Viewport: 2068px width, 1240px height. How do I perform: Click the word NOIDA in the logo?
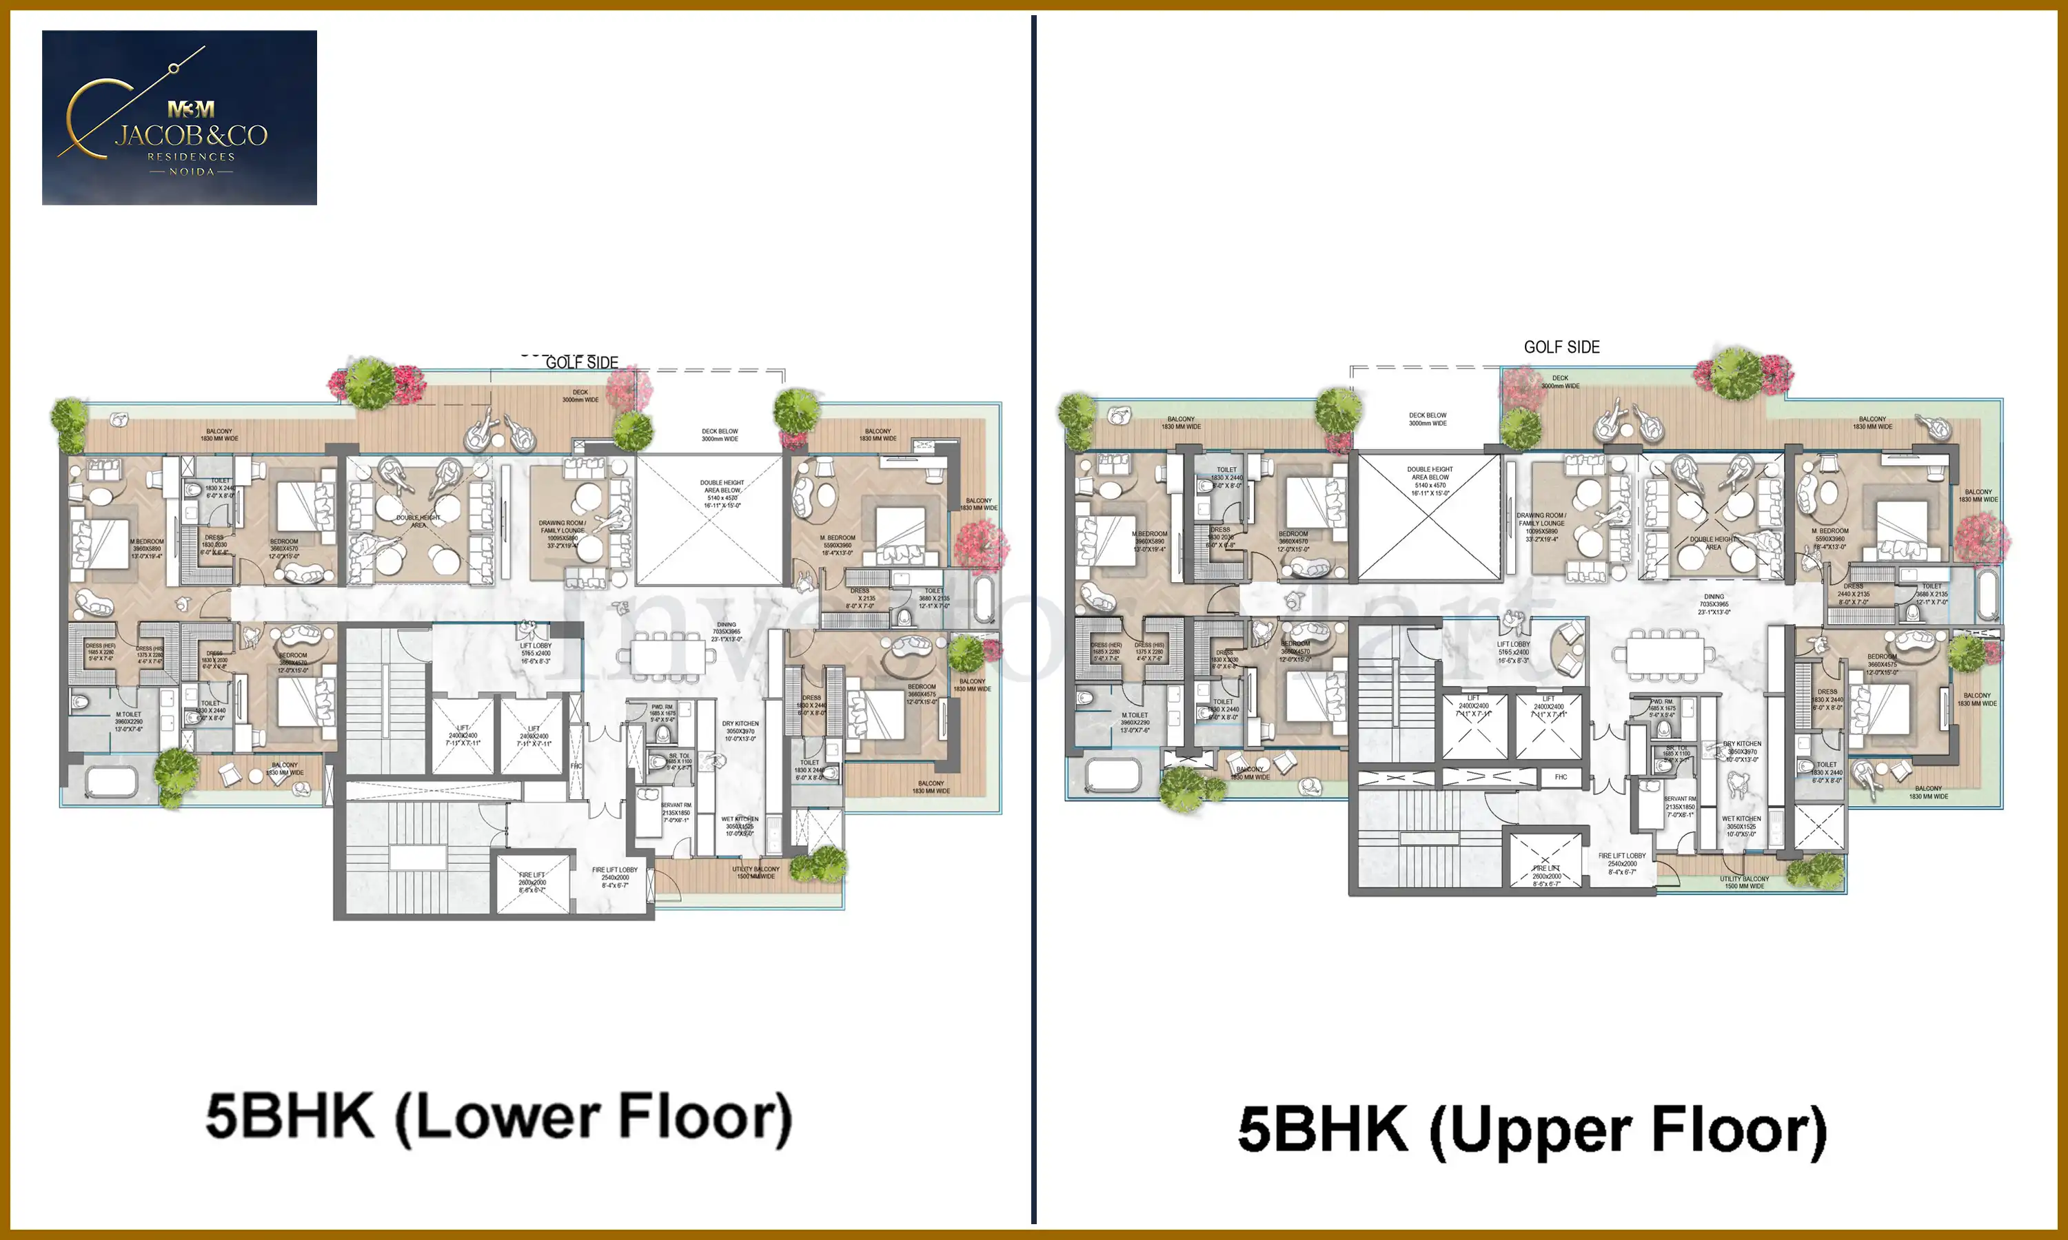pyautogui.click(x=192, y=172)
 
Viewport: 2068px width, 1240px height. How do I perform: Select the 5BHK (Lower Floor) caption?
pyautogui.click(x=498, y=1117)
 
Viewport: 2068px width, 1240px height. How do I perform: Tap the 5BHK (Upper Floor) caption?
pyautogui.click(x=1532, y=1130)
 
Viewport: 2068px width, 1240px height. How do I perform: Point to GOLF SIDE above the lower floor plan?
pyautogui.click(x=582, y=362)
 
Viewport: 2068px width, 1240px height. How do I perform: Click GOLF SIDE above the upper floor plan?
pyautogui.click(x=1561, y=347)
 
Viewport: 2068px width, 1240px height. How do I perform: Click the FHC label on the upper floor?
pyautogui.click(x=1561, y=777)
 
